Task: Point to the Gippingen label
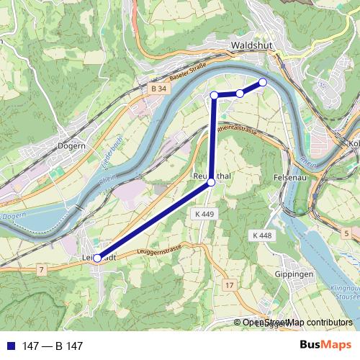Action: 294,275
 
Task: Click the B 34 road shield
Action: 159,88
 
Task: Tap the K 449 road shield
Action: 204,215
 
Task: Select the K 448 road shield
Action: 262,235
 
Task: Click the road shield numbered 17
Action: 229,286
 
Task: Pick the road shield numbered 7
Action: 42,269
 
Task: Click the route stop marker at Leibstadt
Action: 97,258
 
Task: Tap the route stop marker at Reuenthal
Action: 211,183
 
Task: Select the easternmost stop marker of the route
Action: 263,82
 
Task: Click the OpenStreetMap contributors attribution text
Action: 297,323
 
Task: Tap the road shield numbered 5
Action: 346,233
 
